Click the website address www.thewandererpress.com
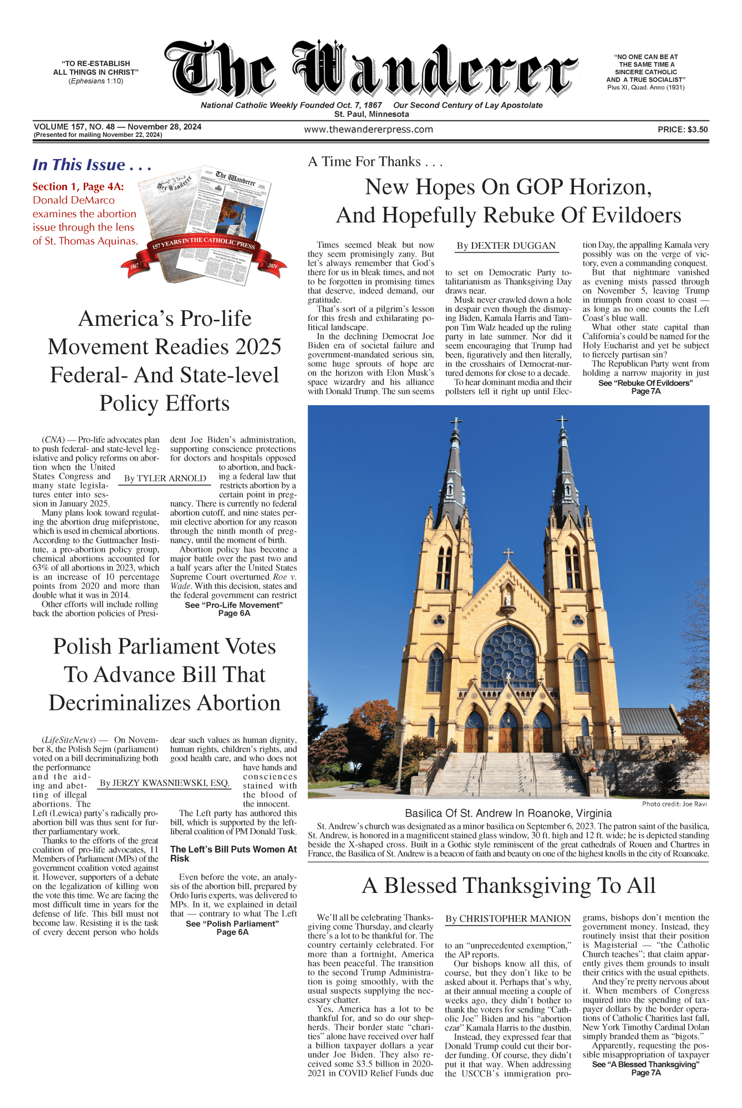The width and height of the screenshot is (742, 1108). click(x=368, y=130)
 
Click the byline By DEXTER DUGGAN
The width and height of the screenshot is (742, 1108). click(x=506, y=246)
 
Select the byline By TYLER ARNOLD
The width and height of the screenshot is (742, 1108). click(x=165, y=479)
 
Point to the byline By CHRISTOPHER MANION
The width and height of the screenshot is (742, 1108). click(x=507, y=919)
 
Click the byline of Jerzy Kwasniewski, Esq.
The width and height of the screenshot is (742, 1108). click(x=165, y=783)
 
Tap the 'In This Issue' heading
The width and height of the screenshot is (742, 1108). click(x=92, y=165)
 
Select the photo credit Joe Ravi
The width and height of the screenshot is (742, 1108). click(x=674, y=804)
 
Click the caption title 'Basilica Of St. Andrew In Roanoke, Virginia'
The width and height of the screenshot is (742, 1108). click(x=508, y=814)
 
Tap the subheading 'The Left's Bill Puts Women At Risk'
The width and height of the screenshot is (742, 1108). click(x=233, y=854)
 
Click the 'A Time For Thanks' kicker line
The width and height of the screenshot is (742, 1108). click(x=375, y=162)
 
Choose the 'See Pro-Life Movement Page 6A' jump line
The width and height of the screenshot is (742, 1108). click(x=233, y=609)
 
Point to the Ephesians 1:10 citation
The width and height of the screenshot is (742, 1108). click(x=96, y=81)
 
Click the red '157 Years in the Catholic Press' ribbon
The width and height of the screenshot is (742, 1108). click(x=204, y=243)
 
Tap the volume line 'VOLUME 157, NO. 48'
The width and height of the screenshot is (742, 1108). click(x=117, y=127)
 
